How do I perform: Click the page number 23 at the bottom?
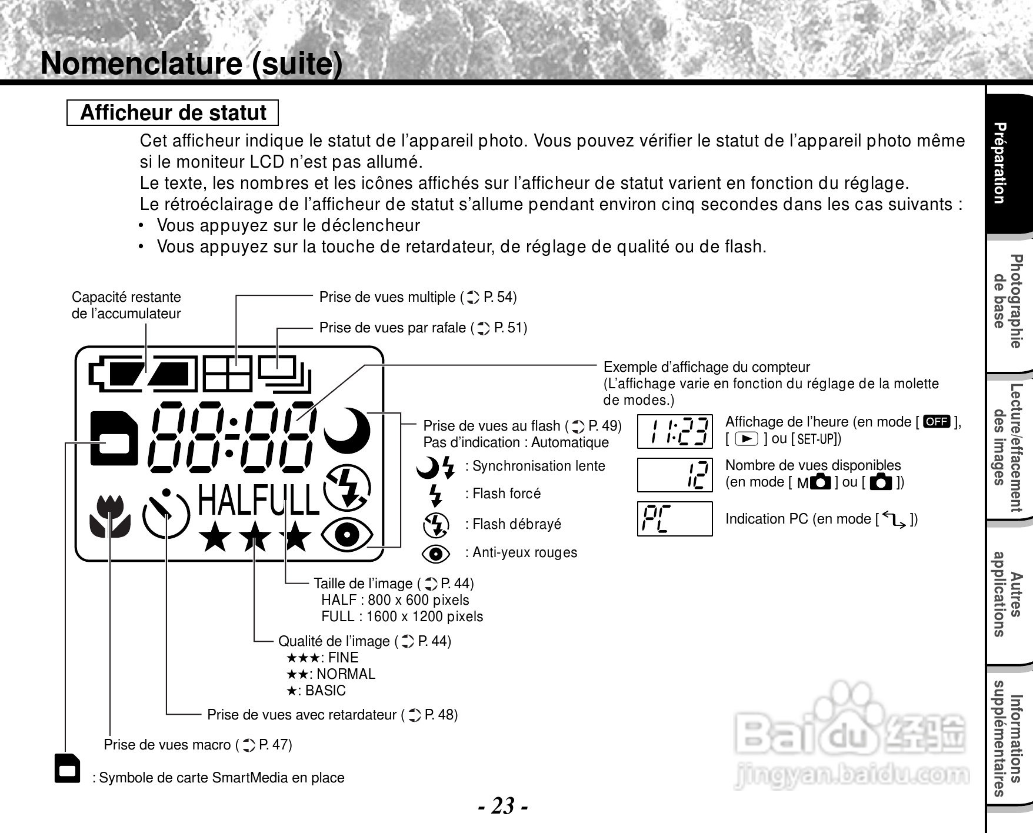(503, 805)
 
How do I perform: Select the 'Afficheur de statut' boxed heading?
(172, 112)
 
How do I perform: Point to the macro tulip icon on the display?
(110, 516)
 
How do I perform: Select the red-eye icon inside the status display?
(347, 534)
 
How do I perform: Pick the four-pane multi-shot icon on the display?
(227, 374)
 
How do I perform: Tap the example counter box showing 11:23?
(675, 431)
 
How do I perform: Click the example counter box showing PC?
(675, 518)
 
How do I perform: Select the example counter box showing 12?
(675, 475)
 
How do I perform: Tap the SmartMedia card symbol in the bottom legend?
(67, 768)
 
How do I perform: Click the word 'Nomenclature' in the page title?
(141, 64)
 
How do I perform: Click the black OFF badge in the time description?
(937, 421)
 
